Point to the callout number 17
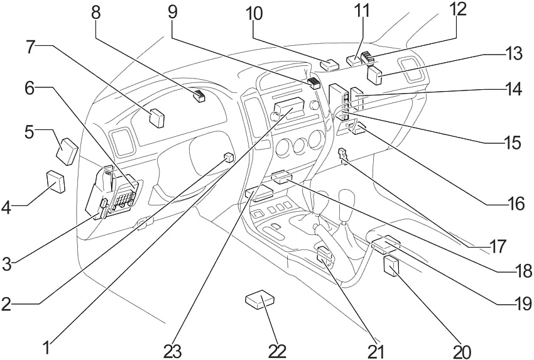(498, 247)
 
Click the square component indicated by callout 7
(157, 117)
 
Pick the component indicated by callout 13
(376, 76)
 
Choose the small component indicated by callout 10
(329, 64)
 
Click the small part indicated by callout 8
(200, 96)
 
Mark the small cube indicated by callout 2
(229, 158)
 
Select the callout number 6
(30, 87)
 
